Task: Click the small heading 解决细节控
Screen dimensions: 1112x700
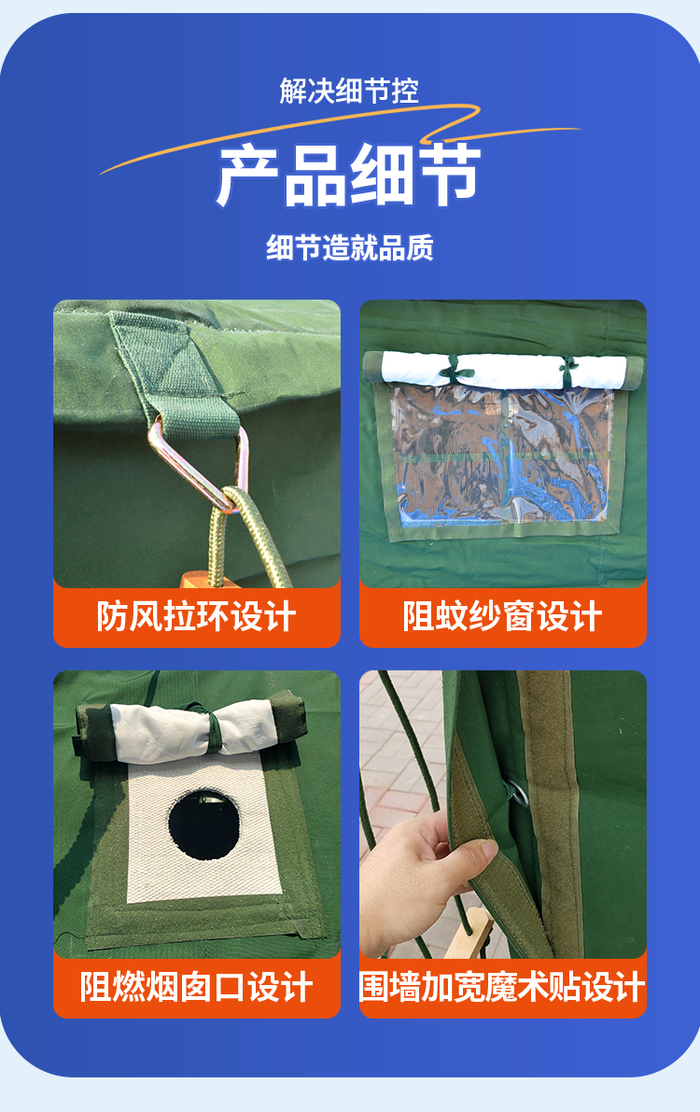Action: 349,91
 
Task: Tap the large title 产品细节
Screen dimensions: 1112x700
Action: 349,175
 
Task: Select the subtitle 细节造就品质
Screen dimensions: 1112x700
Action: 350,248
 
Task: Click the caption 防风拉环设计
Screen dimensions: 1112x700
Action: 197,616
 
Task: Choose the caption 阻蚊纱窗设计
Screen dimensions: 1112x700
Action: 503,616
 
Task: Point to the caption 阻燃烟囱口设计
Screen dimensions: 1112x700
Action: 197,987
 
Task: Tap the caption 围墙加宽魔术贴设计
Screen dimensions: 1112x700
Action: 503,987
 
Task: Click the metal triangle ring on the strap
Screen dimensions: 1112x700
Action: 200,461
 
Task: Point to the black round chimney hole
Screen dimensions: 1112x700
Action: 204,824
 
